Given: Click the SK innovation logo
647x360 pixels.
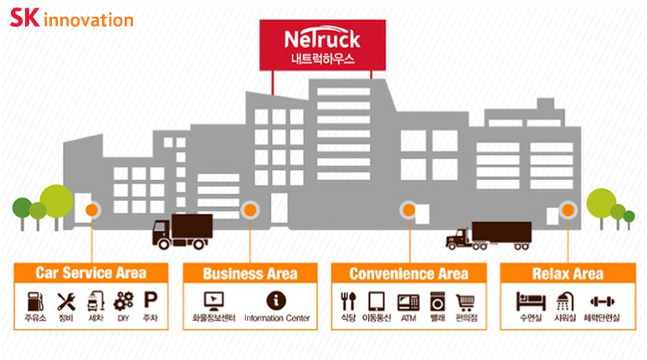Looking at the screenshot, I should click(71, 19).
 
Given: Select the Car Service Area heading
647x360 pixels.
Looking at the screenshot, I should click(90, 273).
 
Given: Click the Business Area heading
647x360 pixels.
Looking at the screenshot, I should click(249, 274).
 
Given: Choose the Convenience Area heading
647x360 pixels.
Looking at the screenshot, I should click(408, 274).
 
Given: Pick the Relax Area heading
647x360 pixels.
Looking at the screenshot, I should click(567, 274).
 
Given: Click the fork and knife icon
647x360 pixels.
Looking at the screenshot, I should click(348, 301).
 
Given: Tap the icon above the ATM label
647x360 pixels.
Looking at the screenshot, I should click(408, 301).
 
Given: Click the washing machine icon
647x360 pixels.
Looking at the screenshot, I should click(437, 301).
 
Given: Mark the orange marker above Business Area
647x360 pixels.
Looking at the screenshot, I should click(249, 211).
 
